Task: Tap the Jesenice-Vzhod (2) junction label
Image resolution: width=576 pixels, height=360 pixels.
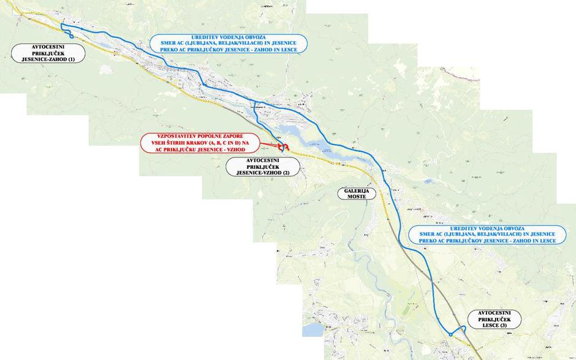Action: (x=262, y=167)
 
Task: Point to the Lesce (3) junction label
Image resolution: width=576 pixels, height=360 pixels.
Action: (x=494, y=319)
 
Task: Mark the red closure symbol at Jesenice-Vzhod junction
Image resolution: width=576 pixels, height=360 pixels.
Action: (x=283, y=146)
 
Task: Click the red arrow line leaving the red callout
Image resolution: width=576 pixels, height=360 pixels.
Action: (x=270, y=145)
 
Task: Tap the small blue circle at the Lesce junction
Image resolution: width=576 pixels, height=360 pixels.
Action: (x=450, y=334)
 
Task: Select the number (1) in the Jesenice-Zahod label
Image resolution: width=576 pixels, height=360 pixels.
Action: (x=71, y=59)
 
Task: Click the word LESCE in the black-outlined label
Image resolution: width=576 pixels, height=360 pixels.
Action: (x=489, y=325)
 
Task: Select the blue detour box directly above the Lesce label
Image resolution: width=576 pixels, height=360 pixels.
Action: (x=488, y=234)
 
